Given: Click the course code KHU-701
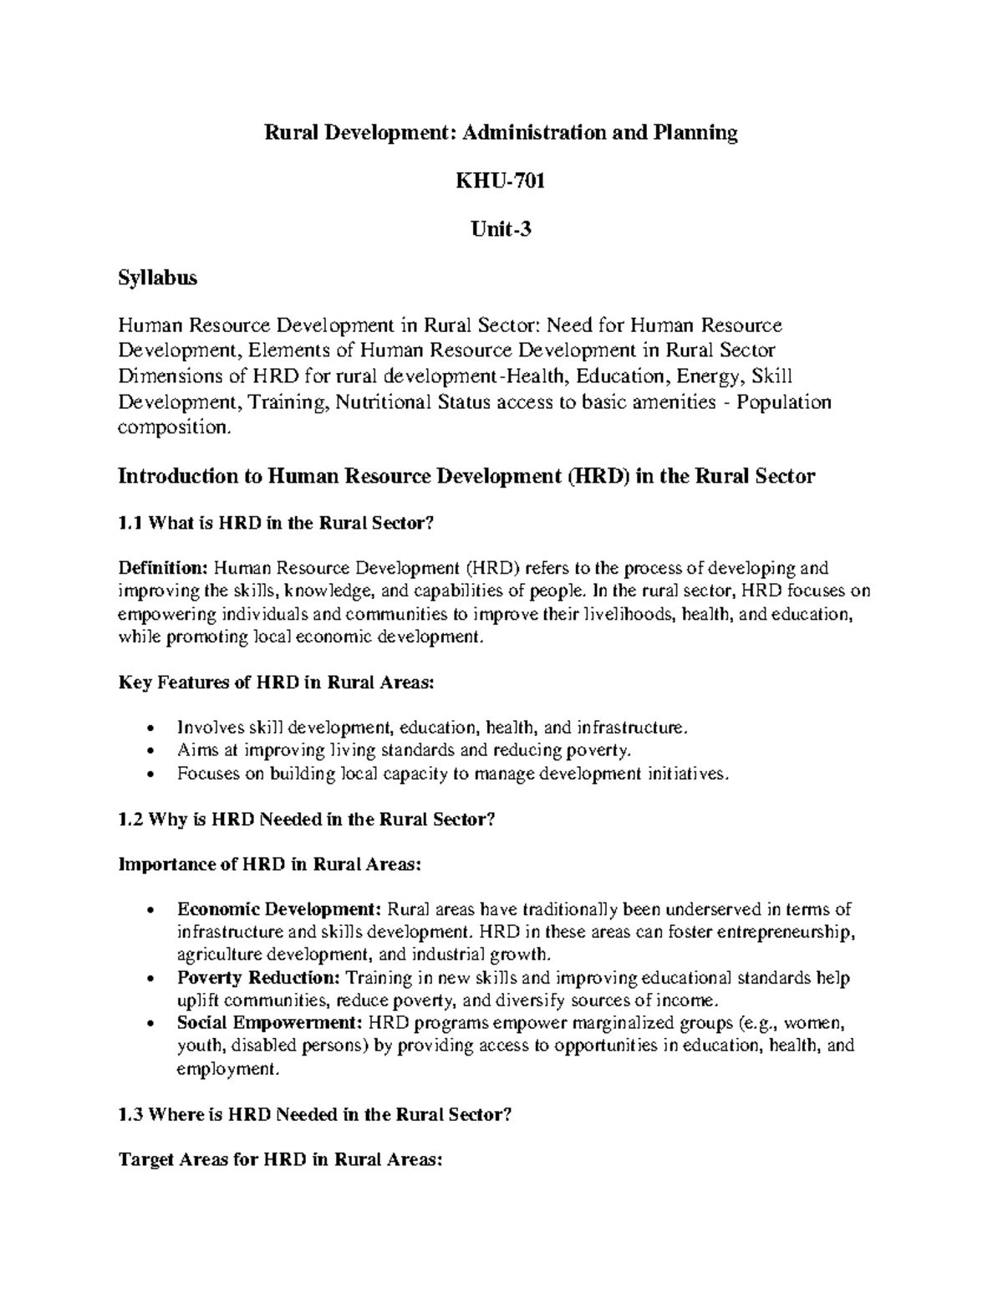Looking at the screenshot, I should pos(501,181).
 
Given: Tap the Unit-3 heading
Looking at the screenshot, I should pos(501,228).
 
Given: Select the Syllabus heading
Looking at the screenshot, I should pos(158,278).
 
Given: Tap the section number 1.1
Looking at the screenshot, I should pos(131,524).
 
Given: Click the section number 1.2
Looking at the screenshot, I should pos(131,820).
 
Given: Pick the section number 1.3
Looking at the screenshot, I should pos(131,1114).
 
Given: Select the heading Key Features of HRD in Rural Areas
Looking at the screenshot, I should pos(277,683).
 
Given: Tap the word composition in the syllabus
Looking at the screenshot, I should pos(172,428).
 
